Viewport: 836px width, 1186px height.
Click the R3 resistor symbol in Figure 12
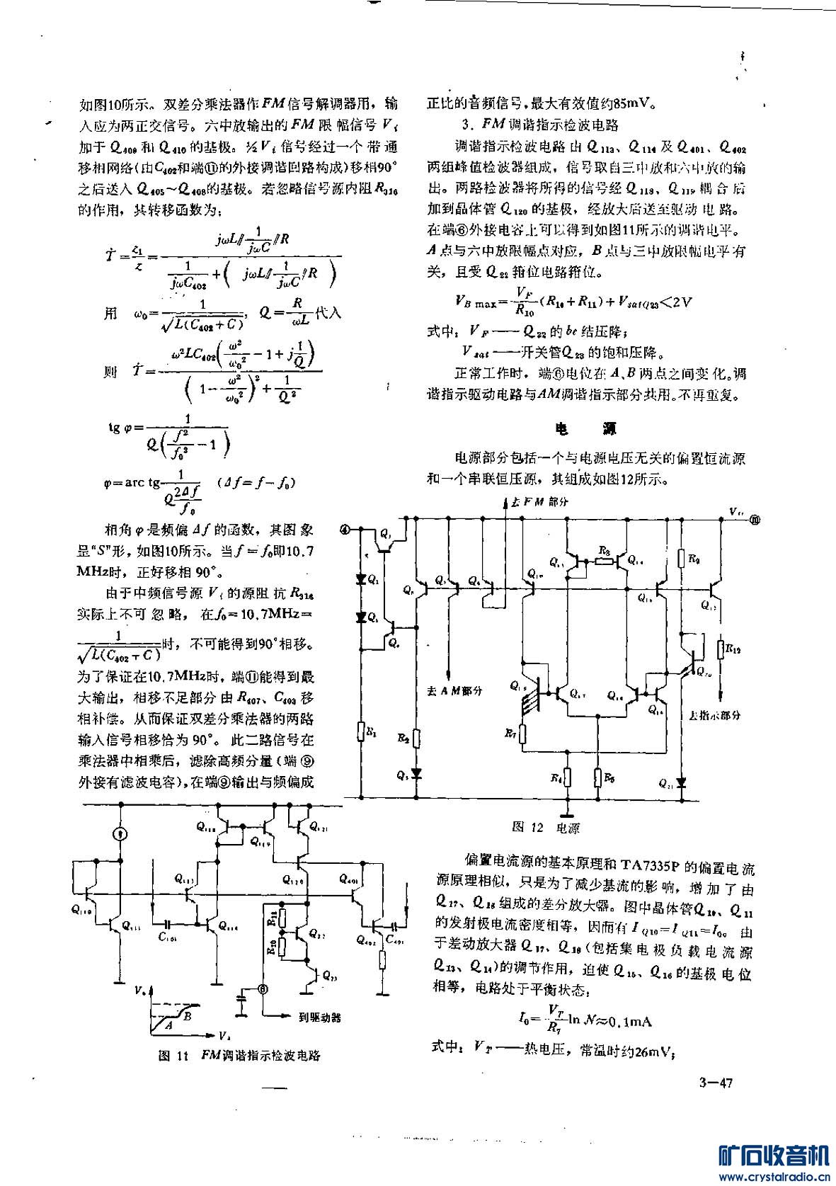[x=604, y=561]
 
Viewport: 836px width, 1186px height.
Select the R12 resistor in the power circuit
[x=721, y=649]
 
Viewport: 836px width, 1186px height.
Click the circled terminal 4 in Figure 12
[x=345, y=528]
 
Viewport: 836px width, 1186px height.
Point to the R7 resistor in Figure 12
[x=523, y=736]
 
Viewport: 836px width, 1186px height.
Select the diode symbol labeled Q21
[x=681, y=783]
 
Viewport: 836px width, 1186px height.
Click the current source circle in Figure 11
[x=121, y=835]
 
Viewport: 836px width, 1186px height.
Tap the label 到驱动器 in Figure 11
[x=319, y=1017]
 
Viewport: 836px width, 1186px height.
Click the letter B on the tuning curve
[x=187, y=1016]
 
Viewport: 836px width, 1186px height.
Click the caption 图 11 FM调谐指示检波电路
[x=239, y=1055]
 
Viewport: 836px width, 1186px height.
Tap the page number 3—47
[x=715, y=1083]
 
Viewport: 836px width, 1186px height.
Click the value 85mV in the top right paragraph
[x=631, y=103]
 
